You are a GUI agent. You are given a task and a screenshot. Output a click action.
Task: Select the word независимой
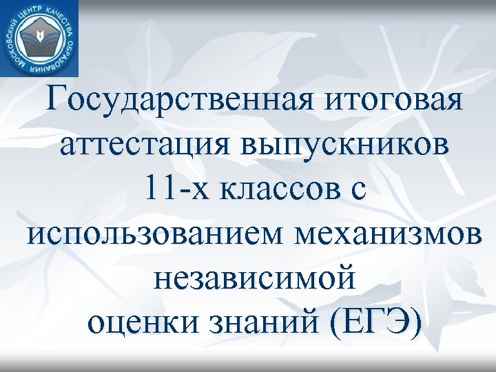(255, 277)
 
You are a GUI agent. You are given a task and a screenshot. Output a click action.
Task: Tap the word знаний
(264, 321)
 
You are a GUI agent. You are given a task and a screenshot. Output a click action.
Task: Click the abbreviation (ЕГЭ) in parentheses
(375, 321)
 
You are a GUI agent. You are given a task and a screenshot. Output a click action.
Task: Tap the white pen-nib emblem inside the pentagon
(39, 37)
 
